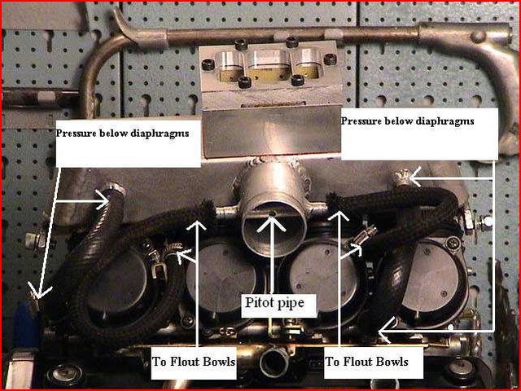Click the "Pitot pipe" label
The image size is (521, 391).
274,302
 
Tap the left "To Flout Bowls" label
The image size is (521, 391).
194,362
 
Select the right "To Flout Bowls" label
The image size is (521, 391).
366,362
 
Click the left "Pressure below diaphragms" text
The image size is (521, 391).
122,134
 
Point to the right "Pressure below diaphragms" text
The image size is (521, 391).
407,121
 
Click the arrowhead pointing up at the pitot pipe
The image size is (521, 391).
273,223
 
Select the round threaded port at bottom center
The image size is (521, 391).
274,362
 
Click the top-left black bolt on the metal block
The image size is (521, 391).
241,44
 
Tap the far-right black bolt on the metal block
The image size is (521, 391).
330,59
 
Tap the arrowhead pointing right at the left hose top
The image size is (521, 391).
103,201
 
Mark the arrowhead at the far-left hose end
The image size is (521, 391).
38,291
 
